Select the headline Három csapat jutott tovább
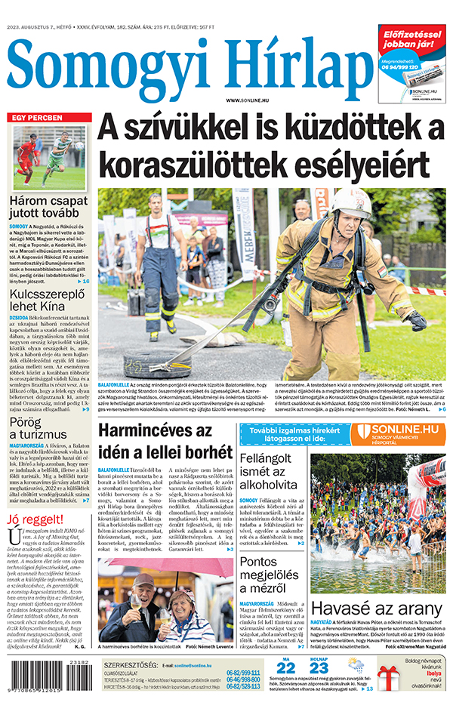pyautogui.click(x=49, y=209)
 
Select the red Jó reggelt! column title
pyautogui.click(x=33, y=519)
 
